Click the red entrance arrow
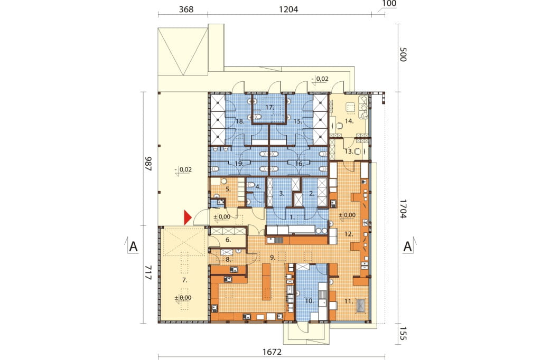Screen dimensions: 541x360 coord(187,217)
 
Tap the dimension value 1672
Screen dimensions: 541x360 coord(272,352)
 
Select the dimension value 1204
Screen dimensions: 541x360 coord(288,9)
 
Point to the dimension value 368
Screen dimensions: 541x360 coord(186,9)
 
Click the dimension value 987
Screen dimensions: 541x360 coord(148,164)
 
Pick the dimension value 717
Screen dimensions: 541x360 coord(148,272)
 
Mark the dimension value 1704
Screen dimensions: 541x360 coord(403,209)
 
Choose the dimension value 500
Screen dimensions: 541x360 coord(403,54)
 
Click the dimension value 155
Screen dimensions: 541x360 coord(403,334)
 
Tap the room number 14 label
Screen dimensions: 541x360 coord(349,121)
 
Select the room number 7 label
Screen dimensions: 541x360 coord(184,280)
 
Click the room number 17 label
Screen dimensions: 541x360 coord(269,108)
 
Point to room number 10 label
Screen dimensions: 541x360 coord(309,301)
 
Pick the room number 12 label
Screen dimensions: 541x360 coord(349,234)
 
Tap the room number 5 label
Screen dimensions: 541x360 coord(228,189)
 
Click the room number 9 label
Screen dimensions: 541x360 coord(273,257)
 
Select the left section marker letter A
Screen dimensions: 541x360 coord(133,247)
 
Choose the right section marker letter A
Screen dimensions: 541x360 coord(408,247)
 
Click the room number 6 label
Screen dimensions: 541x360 coord(228,240)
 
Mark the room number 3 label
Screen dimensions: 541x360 coord(282,194)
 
